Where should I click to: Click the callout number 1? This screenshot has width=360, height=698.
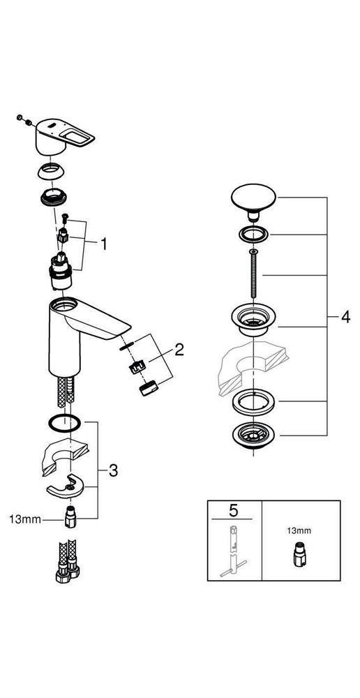(104, 244)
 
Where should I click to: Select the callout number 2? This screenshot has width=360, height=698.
(179, 350)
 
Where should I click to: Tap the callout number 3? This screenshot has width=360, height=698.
(114, 470)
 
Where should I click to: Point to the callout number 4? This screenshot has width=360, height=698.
(345, 318)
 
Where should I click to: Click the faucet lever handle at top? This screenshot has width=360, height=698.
(65, 137)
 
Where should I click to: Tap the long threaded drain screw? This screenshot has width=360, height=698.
(253, 274)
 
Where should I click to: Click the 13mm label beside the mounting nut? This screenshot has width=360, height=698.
(25, 519)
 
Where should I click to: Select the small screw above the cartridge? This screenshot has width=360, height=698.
(65, 218)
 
